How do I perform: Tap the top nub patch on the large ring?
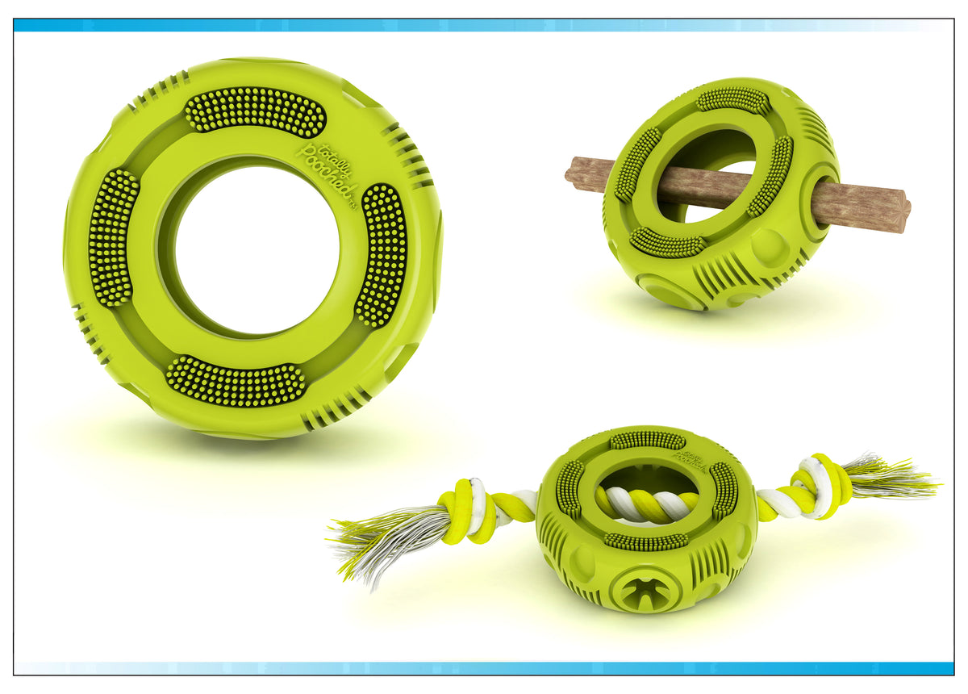[255, 111]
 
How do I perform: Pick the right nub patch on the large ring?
[382, 253]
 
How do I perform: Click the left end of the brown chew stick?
[574, 172]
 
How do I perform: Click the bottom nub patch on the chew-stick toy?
[666, 242]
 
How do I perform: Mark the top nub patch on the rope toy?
[647, 441]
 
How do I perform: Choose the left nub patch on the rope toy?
[569, 489]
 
